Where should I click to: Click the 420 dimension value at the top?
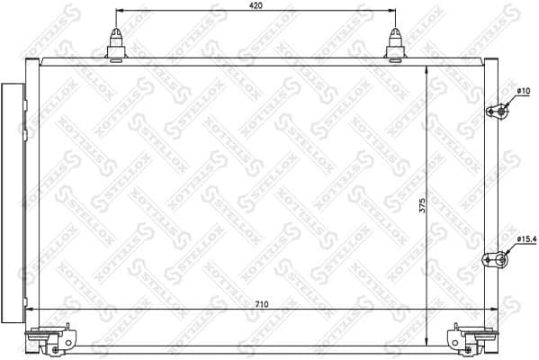click(256, 5)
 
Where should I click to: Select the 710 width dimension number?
click(259, 305)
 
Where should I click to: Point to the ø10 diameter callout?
click(526, 90)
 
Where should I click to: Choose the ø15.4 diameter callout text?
click(526, 238)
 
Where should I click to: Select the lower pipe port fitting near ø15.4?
click(496, 260)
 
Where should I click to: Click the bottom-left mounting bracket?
click(53, 340)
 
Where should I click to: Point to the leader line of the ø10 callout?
click(509, 101)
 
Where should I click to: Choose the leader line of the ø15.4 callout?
click(510, 249)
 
